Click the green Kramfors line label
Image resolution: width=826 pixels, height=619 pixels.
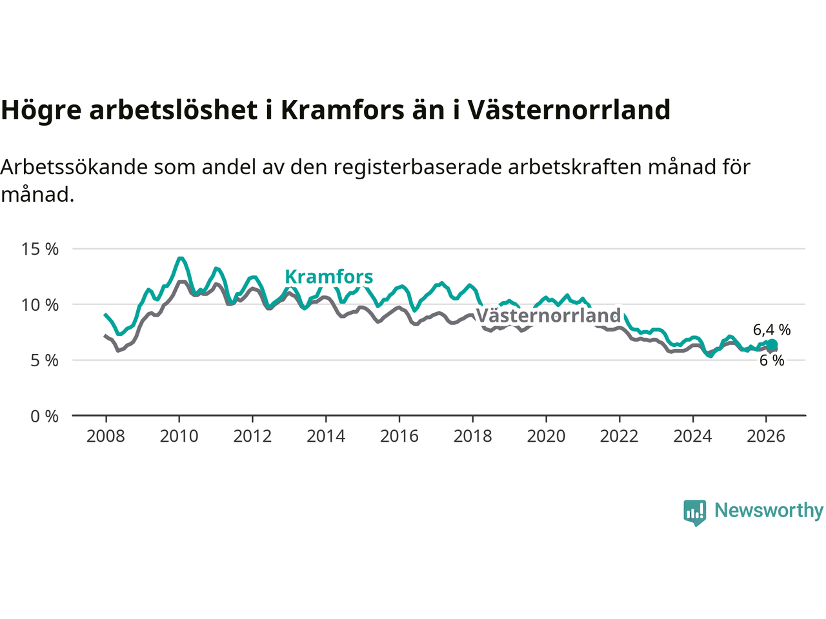point(328,277)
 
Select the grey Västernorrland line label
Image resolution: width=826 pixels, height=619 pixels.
point(548,315)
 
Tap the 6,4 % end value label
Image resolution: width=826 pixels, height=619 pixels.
point(772,329)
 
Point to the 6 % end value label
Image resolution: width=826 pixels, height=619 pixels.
point(772,360)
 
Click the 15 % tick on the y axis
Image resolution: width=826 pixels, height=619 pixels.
point(40,249)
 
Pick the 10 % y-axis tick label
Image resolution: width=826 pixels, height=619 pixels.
point(40,304)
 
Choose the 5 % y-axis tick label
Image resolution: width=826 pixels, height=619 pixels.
point(45,360)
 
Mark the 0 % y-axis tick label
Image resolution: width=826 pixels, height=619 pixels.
point(45,417)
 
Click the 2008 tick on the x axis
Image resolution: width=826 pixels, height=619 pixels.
point(106,437)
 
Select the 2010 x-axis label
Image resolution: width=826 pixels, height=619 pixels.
point(179,437)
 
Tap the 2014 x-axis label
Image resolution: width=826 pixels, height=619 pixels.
point(326,437)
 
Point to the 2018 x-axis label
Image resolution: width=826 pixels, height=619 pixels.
point(472,437)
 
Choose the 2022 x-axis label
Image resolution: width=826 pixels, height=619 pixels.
point(619,437)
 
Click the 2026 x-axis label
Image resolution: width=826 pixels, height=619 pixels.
point(766,437)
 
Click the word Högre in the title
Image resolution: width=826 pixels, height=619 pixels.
point(41,110)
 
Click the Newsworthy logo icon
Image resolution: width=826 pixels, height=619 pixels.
point(694,512)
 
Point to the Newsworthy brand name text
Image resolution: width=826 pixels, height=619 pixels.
point(769,511)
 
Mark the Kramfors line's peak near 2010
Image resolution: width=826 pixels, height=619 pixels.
point(181,259)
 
